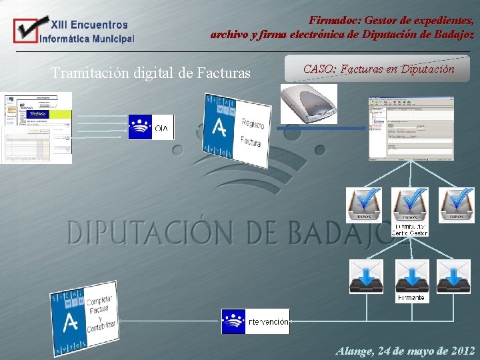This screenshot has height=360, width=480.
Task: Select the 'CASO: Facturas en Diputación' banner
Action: pos(378,69)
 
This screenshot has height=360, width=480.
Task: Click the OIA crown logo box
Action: pos(151,127)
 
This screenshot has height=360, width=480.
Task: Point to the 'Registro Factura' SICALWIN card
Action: pos(238,130)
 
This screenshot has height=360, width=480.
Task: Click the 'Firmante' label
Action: pos(411,298)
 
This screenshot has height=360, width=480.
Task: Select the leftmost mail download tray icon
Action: pos(367,276)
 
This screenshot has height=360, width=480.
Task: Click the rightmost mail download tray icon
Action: pos(454,276)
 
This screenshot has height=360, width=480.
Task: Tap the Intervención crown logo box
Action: pos(255,321)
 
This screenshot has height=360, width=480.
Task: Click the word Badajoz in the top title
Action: pos(451,34)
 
